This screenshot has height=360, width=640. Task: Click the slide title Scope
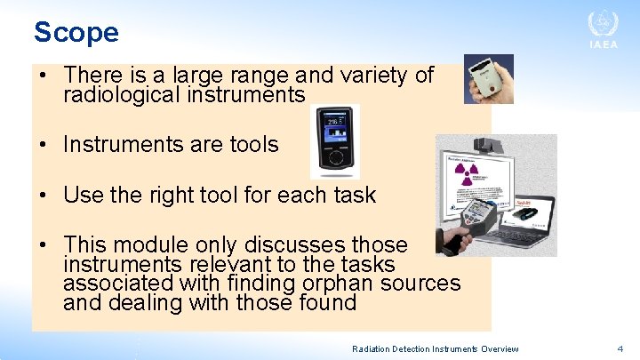pyautogui.click(x=76, y=32)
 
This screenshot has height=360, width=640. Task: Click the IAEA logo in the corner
pyautogui.click(x=602, y=31)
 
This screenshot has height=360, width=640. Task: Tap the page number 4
pyautogui.click(x=620, y=349)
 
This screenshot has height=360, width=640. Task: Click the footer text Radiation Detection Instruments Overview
pyautogui.click(x=435, y=349)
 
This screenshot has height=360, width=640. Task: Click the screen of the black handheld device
pyautogui.click(x=335, y=129)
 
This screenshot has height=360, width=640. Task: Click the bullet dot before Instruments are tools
pyautogui.click(x=43, y=145)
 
